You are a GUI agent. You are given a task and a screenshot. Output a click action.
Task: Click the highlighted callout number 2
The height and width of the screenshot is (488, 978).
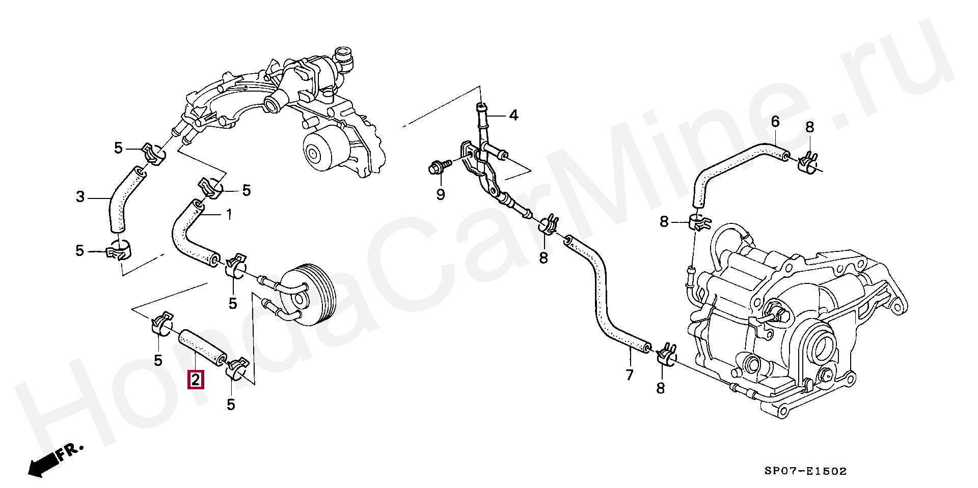(x=196, y=380)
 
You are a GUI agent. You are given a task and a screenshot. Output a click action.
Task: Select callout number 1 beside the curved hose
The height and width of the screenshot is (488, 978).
(x=229, y=214)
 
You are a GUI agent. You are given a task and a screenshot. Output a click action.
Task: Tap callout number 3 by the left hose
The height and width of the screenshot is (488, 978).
(x=80, y=197)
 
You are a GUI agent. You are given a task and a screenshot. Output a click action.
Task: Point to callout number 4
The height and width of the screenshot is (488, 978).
(x=513, y=116)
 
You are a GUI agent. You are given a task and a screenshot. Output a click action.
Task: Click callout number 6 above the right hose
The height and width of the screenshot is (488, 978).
(x=775, y=122)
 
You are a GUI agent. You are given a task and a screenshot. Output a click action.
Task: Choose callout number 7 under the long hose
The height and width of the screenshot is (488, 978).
(x=630, y=375)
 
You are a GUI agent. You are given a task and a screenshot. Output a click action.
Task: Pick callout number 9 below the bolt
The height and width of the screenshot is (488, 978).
(x=441, y=194)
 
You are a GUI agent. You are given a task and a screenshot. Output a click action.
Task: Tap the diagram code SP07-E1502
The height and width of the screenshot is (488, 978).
(x=805, y=471)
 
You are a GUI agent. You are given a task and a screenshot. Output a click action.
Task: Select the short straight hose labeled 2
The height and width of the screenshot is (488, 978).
(x=202, y=347)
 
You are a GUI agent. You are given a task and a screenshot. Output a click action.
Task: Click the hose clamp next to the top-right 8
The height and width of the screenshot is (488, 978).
(x=808, y=162)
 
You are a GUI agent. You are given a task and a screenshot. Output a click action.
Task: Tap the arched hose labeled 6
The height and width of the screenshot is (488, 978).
(x=733, y=163)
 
